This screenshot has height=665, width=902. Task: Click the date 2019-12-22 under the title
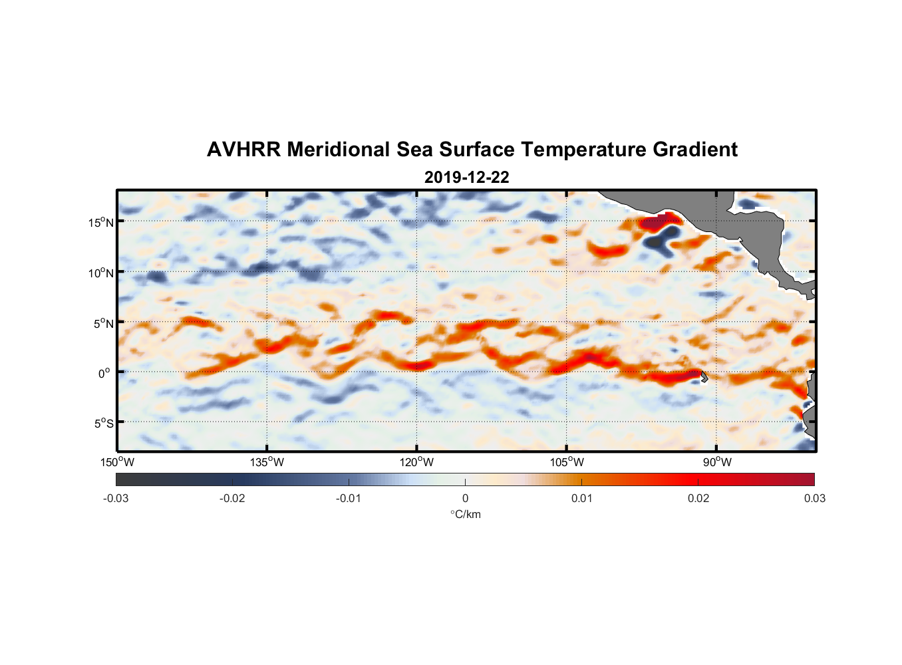coord(467,178)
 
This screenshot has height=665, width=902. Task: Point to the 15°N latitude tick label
coord(101,222)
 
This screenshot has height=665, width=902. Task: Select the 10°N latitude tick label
coord(101,273)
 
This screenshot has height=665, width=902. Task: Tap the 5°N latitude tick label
coord(104,323)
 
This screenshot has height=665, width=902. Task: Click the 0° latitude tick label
coord(104,373)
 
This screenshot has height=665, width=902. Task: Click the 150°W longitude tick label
coord(117,462)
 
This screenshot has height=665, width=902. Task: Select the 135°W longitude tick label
coord(267,462)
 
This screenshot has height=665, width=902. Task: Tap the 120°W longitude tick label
coord(417,462)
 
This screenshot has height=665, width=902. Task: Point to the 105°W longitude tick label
coord(567,462)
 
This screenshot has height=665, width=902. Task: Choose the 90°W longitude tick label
coord(717,462)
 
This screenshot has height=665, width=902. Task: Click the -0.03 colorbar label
coord(116,499)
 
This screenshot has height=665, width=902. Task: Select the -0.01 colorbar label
coord(349,499)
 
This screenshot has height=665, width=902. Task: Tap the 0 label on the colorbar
coord(465,499)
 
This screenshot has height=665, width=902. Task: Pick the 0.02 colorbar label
coord(698,499)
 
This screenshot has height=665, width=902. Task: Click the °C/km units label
coord(466,514)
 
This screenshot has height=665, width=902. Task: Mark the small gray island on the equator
coord(703,376)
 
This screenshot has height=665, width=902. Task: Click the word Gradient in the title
coord(694,150)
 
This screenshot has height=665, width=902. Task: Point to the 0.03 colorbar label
coord(814,499)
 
